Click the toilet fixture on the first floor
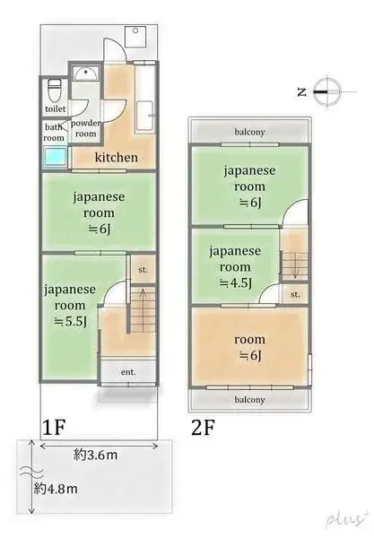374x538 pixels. [54, 91]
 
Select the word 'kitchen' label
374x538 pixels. [116, 158]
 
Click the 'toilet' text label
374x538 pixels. [56, 110]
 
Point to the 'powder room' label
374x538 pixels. [85, 127]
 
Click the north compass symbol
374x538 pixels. [327, 91]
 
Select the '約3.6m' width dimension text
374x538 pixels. [98, 456]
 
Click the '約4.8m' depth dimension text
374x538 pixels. [55, 490]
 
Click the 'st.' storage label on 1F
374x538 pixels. [142, 270]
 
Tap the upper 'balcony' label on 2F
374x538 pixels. [249, 131]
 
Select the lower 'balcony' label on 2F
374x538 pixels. [249, 399]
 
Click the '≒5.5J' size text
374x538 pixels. [68, 320]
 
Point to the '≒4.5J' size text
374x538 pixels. [235, 282]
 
